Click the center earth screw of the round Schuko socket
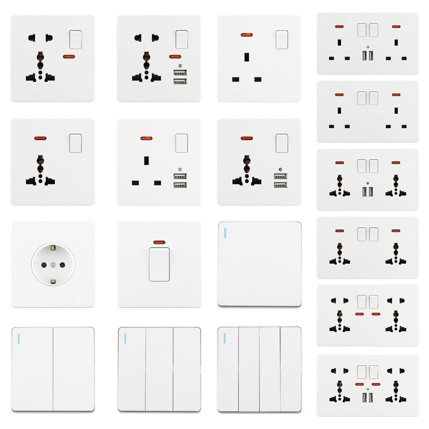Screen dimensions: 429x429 pos(53,265)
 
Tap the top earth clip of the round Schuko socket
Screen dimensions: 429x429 pos(53,247)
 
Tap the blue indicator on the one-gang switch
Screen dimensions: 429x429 pos(224,233)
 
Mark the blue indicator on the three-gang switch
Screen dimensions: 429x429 pos(124,338)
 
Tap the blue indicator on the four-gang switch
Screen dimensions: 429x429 pos(224,338)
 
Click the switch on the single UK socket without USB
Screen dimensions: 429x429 pos(282,39)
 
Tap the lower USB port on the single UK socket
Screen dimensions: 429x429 pos(181,186)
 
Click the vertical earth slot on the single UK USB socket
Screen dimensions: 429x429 pos(146,160)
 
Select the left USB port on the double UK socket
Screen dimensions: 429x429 pos(365,56)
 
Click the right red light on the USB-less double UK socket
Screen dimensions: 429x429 pos(396,94)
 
